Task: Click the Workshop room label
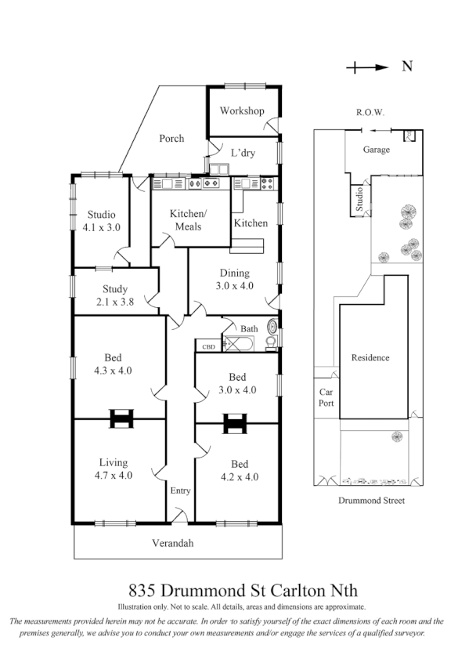point(241,111)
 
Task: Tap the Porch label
point(171,139)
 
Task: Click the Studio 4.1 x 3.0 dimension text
point(101,228)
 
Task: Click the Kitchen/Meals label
point(189,220)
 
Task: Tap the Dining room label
point(234,273)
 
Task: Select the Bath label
point(249,329)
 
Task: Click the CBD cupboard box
point(208,346)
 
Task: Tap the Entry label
point(180,491)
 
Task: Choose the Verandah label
point(172,543)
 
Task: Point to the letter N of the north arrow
point(407,67)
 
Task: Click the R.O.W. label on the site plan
point(370,113)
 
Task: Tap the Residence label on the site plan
point(370,358)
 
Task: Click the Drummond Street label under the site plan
point(371,501)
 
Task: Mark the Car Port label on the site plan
point(326,399)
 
